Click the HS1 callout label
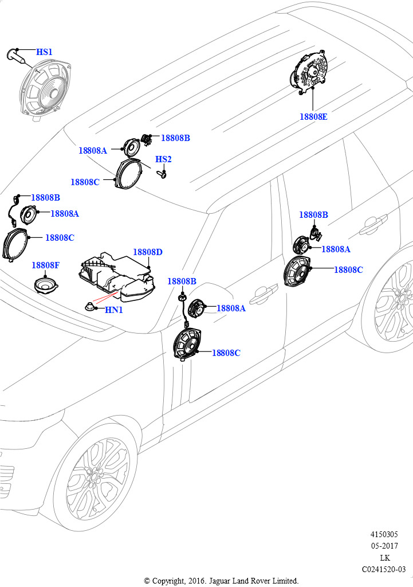pos(44,52)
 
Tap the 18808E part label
pos(313,116)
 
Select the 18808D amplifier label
pos(148,252)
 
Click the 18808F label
pos(45,265)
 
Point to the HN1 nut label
pos(114,310)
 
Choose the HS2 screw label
pos(163,159)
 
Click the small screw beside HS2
pos(163,173)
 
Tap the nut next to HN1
pos(89,306)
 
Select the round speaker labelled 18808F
pos(46,284)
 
